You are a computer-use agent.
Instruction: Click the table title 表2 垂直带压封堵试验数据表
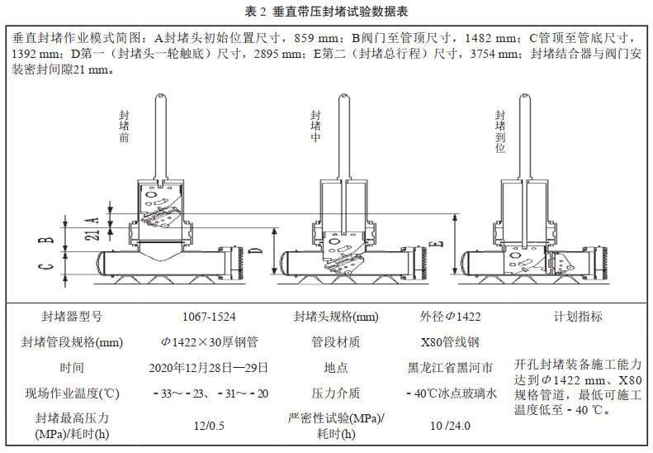[326, 12]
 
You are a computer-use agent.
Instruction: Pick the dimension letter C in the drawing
[50, 266]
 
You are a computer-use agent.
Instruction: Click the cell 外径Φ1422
[450, 317]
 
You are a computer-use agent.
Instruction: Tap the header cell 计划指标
[578, 317]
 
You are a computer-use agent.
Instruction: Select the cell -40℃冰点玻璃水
[450, 393]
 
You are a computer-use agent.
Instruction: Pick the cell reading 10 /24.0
[450, 425]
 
